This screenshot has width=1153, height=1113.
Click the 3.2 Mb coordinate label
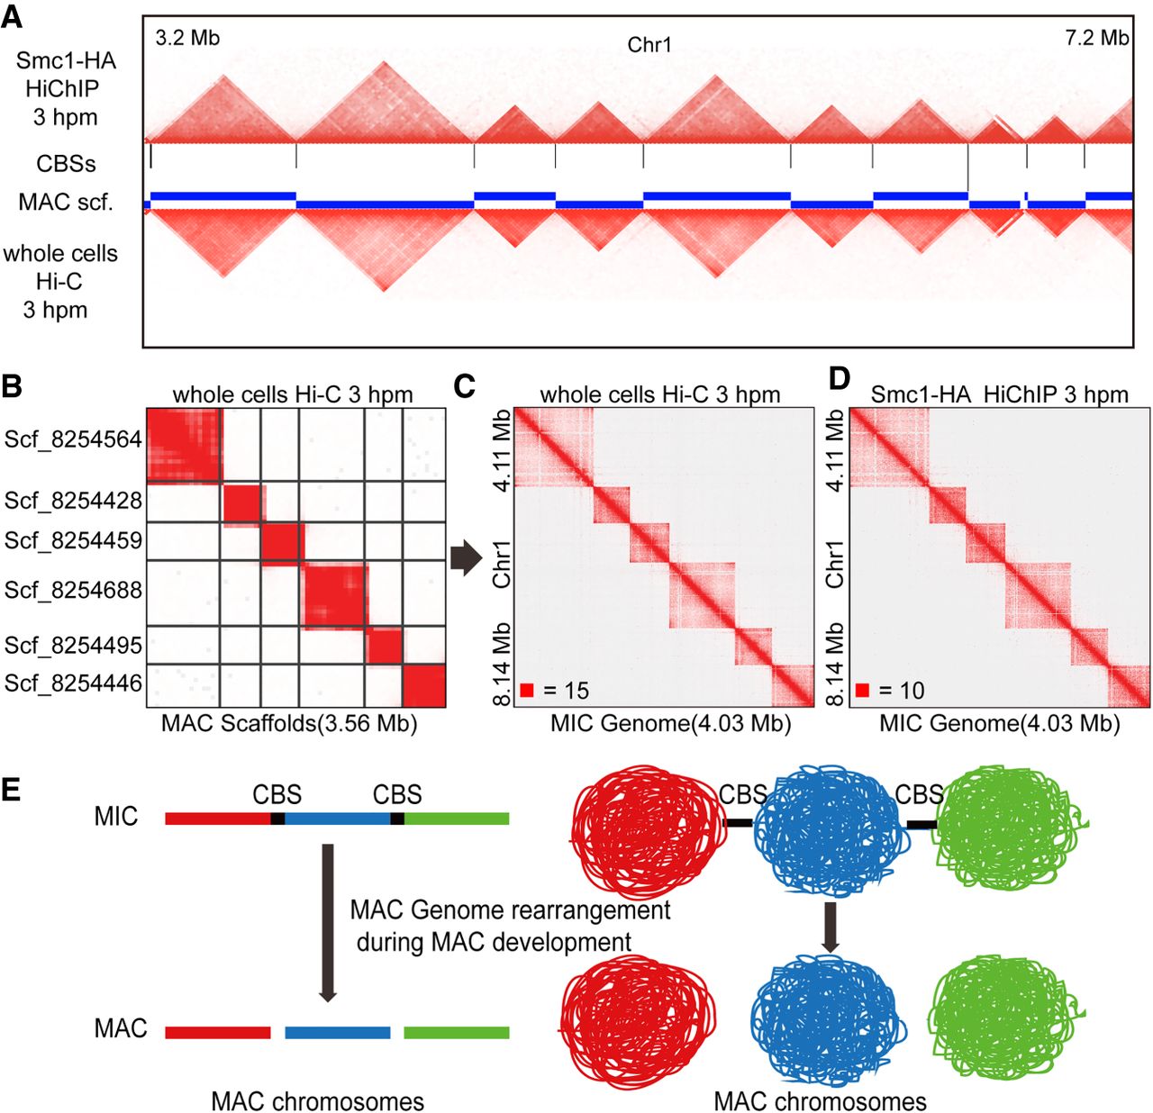point(187,38)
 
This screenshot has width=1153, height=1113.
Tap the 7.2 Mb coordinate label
point(1096,38)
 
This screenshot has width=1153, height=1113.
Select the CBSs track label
point(66,164)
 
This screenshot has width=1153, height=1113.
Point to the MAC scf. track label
point(66,203)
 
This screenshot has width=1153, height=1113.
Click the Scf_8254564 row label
point(73,440)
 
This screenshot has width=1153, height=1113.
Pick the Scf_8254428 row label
point(73,501)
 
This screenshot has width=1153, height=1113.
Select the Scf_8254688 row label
point(73,591)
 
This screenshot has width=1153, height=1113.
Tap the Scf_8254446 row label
point(73,683)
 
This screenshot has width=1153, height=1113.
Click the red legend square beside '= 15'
point(527,691)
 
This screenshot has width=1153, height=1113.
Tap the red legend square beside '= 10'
point(862,691)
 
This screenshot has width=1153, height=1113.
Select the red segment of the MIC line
point(218,819)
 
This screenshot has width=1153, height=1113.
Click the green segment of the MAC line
point(457,1033)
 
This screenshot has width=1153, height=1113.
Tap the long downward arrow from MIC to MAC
point(328,922)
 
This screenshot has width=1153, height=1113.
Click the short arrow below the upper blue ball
point(831,927)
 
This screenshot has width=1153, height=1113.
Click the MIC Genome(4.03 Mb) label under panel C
point(670,724)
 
